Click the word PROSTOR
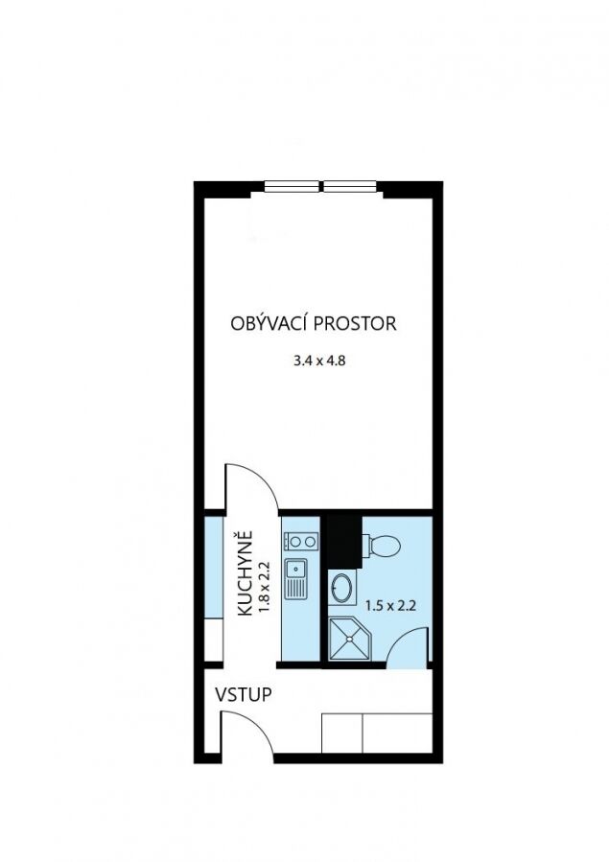(355, 323)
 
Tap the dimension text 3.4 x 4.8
(319, 361)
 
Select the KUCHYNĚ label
(245, 572)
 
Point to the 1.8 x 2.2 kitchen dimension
(265, 587)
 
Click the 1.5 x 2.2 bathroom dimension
(390, 606)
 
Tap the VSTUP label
(243, 695)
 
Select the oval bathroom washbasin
(342, 587)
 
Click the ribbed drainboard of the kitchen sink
(295, 589)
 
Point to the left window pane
(292, 187)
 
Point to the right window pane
(349, 187)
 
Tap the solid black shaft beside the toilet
(344, 540)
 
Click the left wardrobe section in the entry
(341, 733)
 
